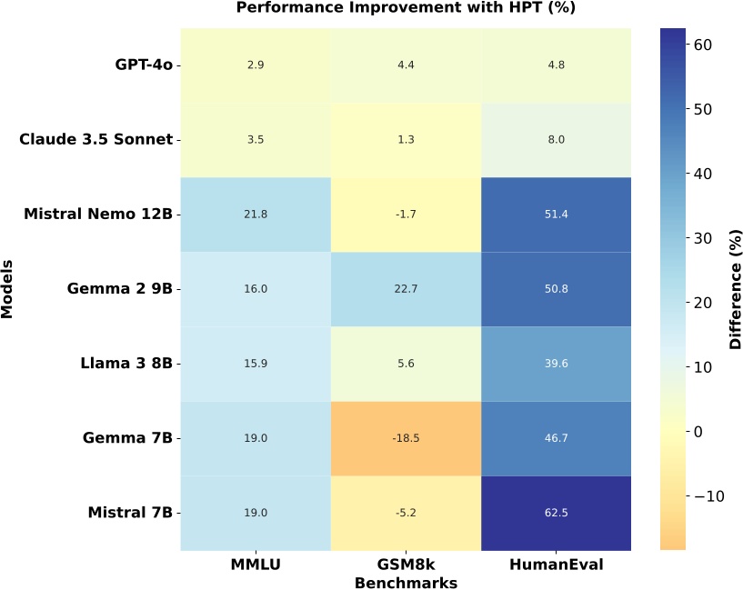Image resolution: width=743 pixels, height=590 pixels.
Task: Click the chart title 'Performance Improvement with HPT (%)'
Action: click(x=407, y=8)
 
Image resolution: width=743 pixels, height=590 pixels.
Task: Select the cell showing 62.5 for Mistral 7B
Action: click(x=557, y=513)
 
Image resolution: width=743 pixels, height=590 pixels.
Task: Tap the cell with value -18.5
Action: click(x=407, y=438)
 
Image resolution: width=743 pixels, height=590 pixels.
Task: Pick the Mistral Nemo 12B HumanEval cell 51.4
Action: click(x=557, y=215)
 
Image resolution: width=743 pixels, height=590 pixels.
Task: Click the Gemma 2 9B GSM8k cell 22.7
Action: click(x=407, y=289)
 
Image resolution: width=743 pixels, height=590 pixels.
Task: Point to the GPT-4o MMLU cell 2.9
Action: click(x=256, y=65)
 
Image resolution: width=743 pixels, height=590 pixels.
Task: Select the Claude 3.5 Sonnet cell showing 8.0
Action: click(x=557, y=140)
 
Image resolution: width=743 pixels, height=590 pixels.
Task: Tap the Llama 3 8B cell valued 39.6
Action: click(x=557, y=364)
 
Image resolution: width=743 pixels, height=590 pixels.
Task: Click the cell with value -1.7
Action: click(x=407, y=215)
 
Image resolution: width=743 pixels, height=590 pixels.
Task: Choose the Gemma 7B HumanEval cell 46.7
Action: click(x=557, y=438)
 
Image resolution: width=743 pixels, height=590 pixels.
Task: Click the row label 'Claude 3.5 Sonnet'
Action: click(x=95, y=140)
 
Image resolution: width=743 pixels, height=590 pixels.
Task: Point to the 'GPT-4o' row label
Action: click(x=144, y=65)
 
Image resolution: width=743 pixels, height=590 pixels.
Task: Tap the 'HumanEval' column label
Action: click(x=557, y=565)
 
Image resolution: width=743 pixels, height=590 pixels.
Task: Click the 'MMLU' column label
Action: click(x=256, y=565)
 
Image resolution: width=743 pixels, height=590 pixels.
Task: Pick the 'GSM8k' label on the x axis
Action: click(x=407, y=565)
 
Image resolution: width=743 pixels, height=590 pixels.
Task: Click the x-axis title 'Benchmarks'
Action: click(x=407, y=582)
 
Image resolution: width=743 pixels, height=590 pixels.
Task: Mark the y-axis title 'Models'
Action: click(x=8, y=289)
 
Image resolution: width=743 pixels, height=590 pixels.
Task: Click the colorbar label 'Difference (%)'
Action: click(x=735, y=289)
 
